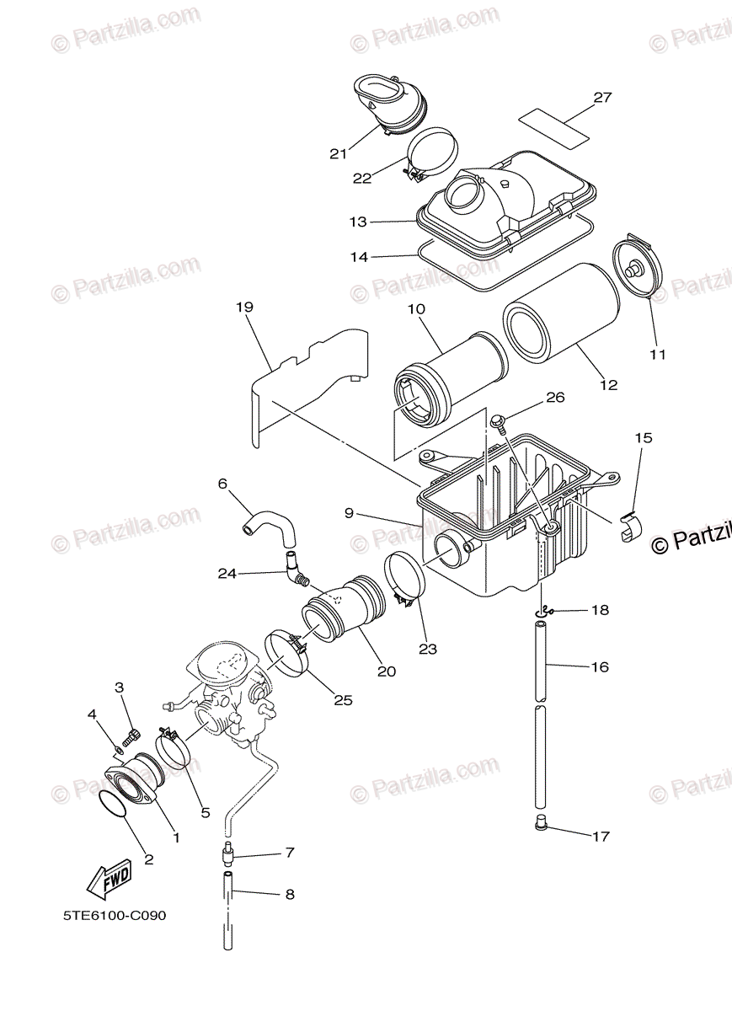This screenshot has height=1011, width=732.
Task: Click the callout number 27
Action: pos(601,98)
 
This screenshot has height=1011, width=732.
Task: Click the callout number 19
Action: pos(244,308)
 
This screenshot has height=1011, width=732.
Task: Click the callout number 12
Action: pos(608,385)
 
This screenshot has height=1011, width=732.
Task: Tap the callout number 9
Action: pos(349,512)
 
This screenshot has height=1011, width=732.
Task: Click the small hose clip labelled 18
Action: pos(548,609)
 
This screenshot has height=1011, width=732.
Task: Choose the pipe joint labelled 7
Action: pos(228,856)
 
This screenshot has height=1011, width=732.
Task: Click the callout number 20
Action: pos(387,671)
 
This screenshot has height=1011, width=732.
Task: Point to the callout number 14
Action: pos(360,257)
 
